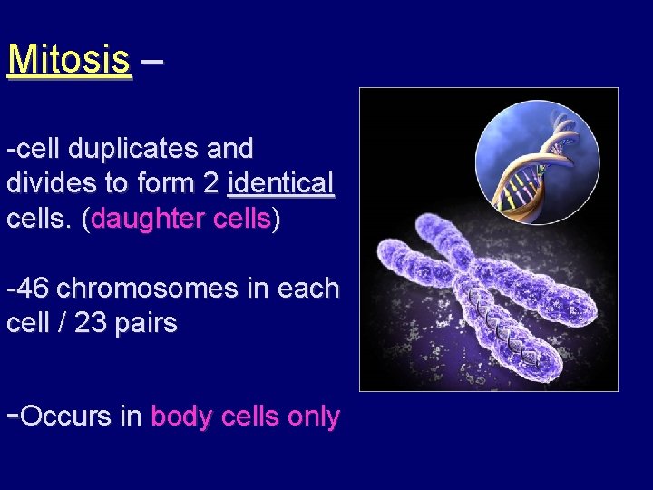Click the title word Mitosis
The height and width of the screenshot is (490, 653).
[68, 60]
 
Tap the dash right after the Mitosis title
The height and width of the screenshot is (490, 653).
[152, 60]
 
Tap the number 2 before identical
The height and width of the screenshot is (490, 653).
[211, 183]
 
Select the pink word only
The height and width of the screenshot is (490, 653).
[314, 416]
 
